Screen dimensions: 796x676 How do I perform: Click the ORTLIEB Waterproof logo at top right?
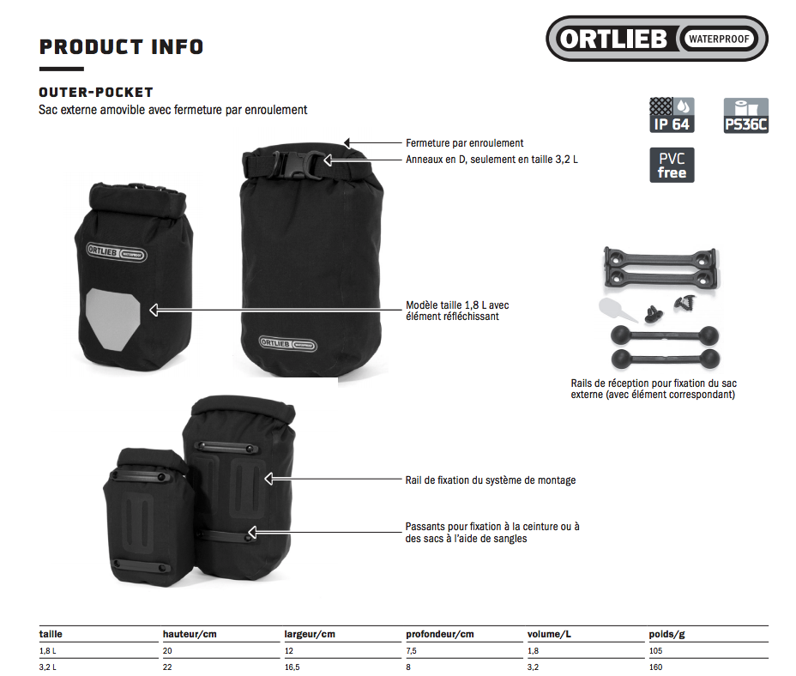tap(656, 39)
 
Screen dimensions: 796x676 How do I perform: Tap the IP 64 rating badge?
tap(672, 115)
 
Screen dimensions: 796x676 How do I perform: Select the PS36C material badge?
tap(745, 115)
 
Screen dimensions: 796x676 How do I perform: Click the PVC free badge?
tap(672, 165)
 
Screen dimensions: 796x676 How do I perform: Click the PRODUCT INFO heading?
tap(121, 46)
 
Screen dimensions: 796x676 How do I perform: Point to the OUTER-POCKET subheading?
tap(96, 93)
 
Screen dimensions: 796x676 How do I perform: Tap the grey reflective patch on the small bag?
tap(112, 318)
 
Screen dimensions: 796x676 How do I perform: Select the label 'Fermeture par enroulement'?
tap(465, 143)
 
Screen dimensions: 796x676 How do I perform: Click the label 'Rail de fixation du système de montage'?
tap(491, 480)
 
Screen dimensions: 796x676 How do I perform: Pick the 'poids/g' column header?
tap(666, 634)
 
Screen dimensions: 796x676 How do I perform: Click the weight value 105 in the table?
tap(656, 650)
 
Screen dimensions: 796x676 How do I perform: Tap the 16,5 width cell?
tap(292, 667)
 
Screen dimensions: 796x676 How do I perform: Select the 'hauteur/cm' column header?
tap(190, 634)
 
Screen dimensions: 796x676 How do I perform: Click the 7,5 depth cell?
tap(411, 650)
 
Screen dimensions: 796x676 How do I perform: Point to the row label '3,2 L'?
tap(48, 667)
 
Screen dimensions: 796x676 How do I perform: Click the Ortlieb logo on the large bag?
tap(288, 344)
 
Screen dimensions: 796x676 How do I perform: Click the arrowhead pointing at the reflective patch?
tap(154, 310)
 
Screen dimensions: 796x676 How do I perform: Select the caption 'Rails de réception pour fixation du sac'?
tap(654, 383)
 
